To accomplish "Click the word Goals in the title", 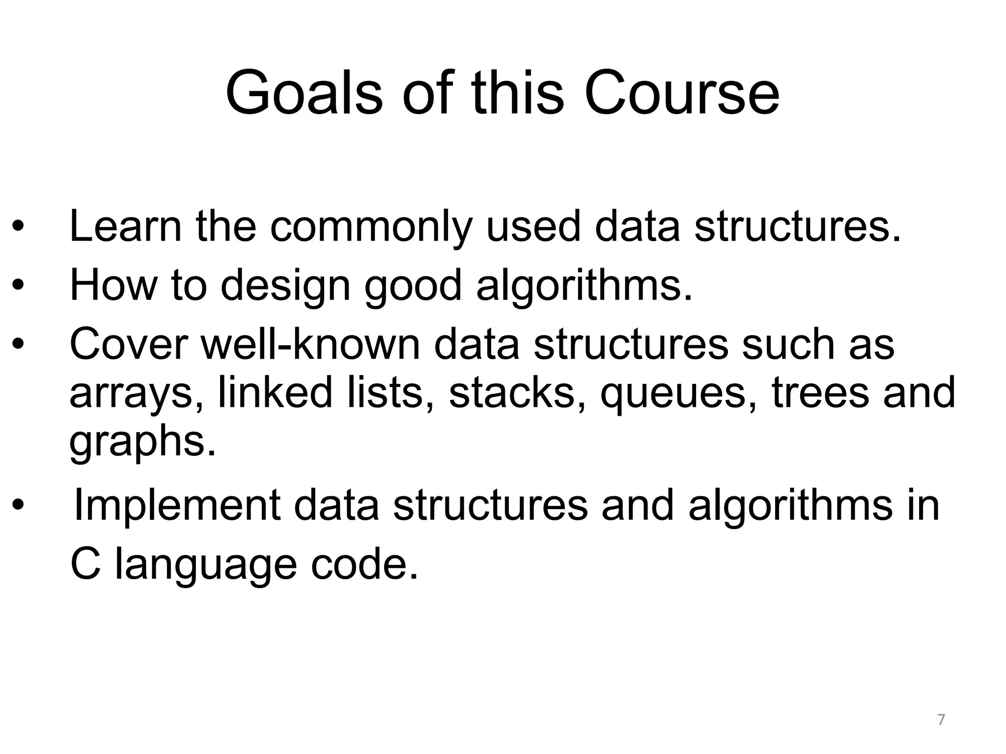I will (304, 93).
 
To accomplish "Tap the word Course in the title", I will (681, 93).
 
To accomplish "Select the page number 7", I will (941, 720).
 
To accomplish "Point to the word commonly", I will (371, 228).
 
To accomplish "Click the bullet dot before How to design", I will (18, 286).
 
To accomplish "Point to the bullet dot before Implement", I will (18, 505).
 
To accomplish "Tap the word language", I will (205, 565).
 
